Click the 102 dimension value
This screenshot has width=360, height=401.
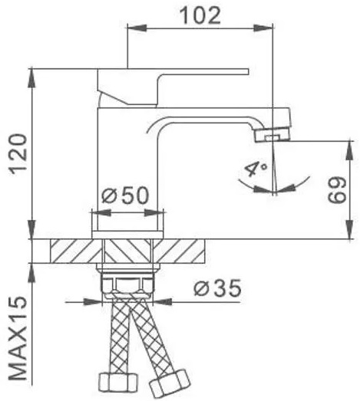pos(200,15)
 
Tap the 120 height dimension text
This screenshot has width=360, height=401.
pos(18,154)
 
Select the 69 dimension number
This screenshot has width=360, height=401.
pos(337,190)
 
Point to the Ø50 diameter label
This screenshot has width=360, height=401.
pos(125,196)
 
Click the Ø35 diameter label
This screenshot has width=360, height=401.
pos(218,288)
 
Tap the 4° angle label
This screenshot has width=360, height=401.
pos(256,168)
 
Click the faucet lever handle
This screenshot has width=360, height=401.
pos(173,87)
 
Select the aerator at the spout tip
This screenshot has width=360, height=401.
pos(272,134)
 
